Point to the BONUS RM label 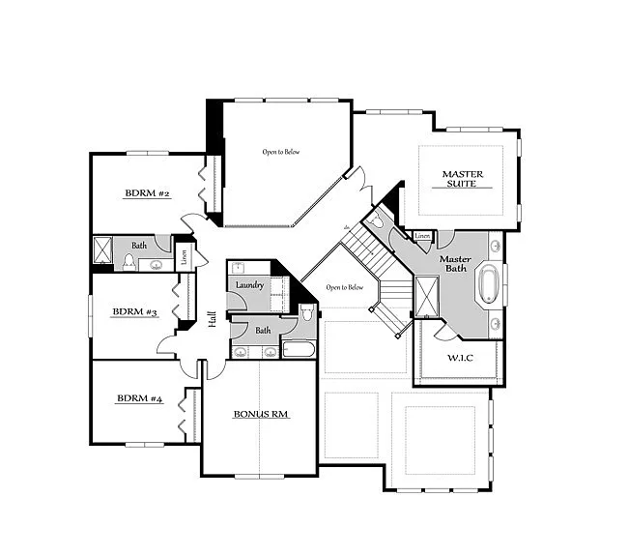click(261, 414)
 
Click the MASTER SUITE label click(462, 179)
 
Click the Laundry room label click(249, 284)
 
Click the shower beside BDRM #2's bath click(102, 250)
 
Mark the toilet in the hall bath click(306, 312)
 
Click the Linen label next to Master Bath click(422, 235)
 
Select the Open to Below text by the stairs click(344, 287)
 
